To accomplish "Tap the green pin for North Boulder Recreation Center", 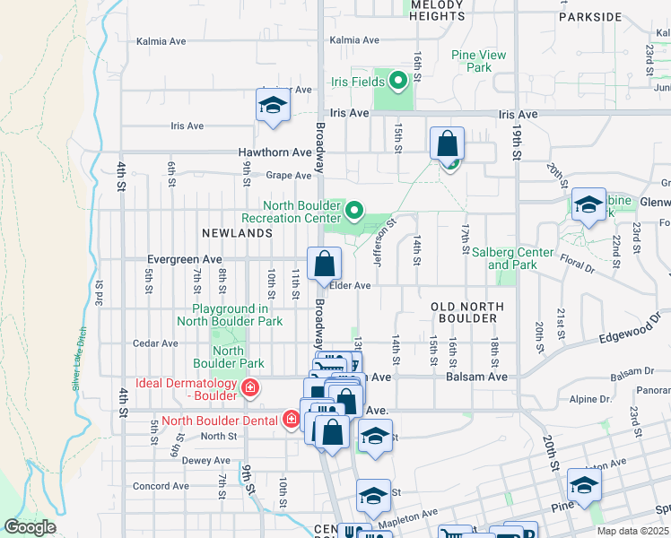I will click(x=354, y=213).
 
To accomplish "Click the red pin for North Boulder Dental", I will click(x=291, y=419).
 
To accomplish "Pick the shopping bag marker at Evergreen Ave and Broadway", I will click(x=324, y=265).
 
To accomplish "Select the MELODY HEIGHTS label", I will click(x=437, y=11).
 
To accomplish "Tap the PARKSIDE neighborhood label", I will click(x=589, y=17).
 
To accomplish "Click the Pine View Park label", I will click(x=478, y=61).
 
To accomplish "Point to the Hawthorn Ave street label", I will click(x=274, y=152).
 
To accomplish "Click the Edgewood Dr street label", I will click(x=634, y=331).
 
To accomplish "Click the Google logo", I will click(x=30, y=527).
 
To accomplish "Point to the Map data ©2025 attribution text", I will click(x=632, y=531).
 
